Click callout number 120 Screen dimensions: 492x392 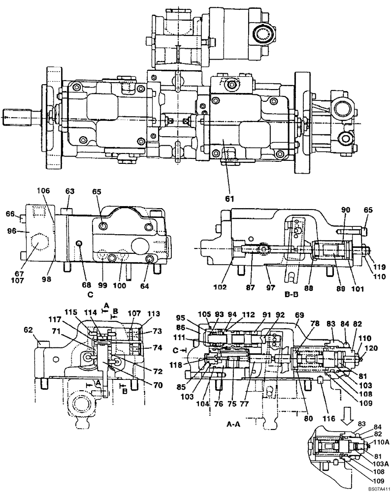(371, 347)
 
